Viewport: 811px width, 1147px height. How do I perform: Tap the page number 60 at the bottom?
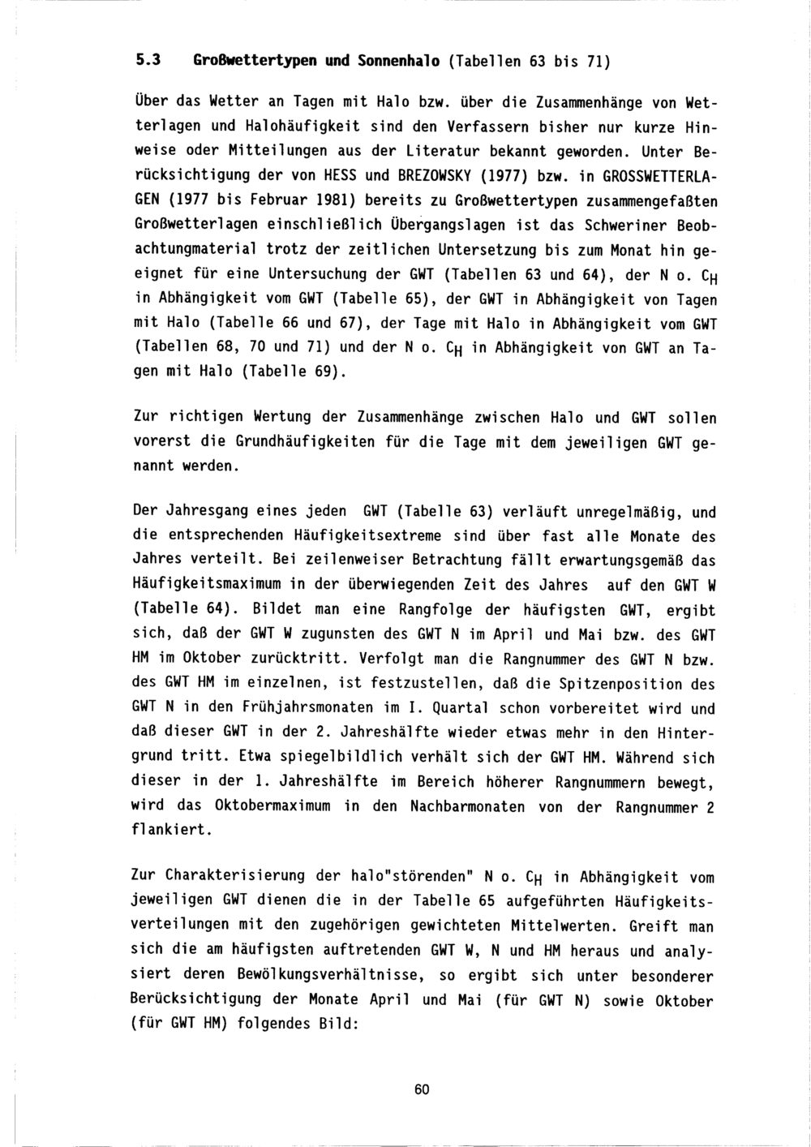[421, 1089]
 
